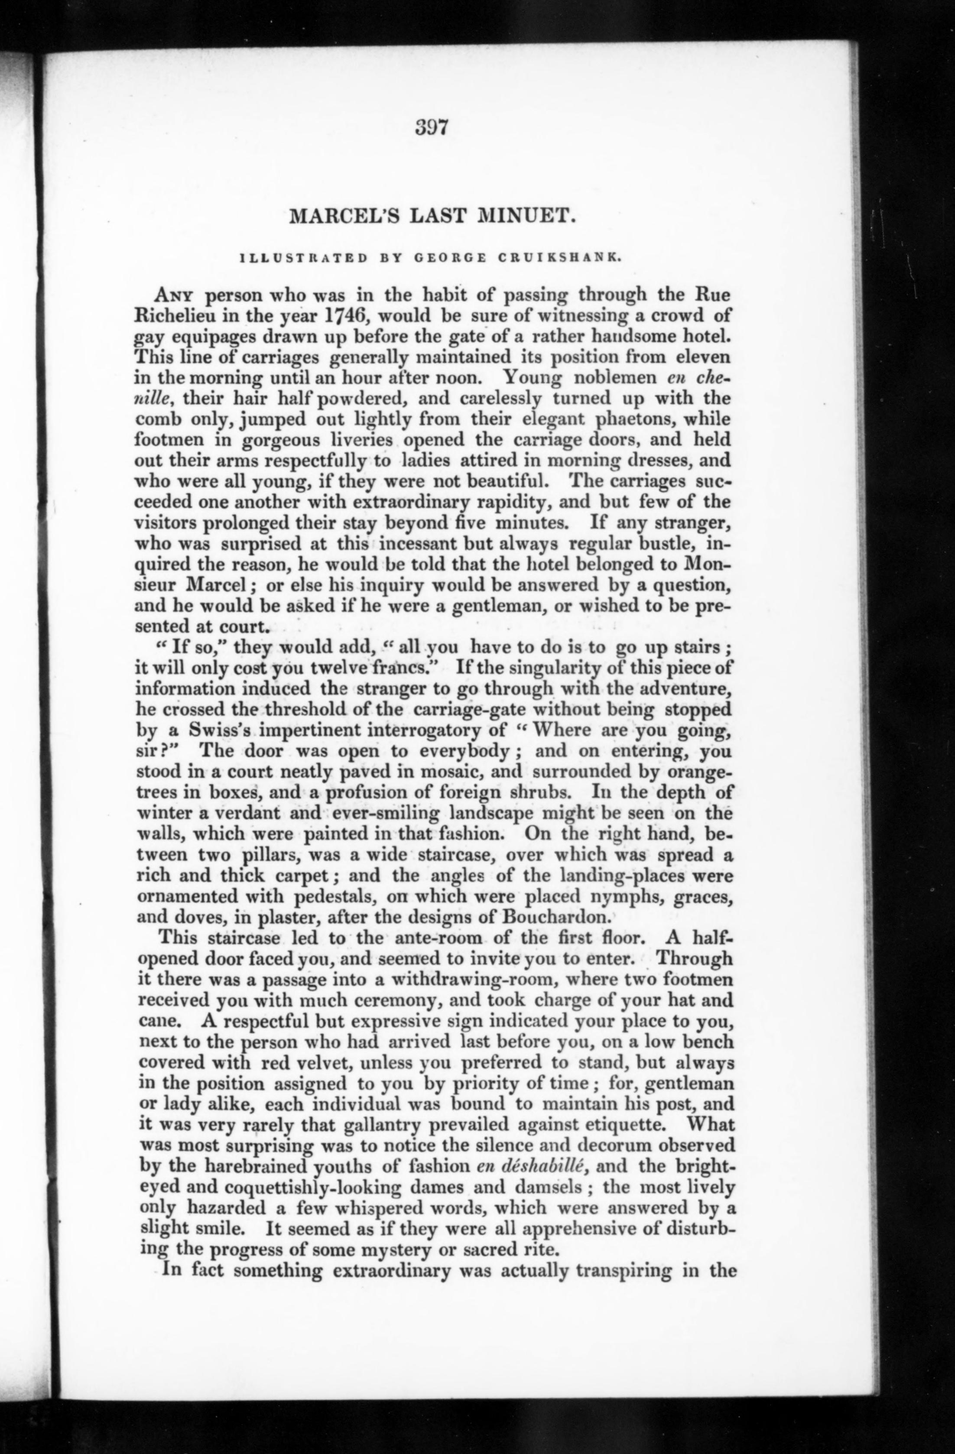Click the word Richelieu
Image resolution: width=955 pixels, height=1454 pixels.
point(182,316)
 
